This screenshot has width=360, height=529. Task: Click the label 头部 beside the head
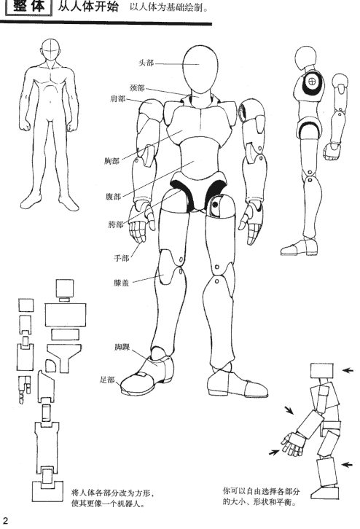tap(146, 63)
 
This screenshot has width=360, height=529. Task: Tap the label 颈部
tap(137, 88)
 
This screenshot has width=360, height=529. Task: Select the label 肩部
tap(118, 99)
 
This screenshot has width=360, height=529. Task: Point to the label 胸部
tap(111, 161)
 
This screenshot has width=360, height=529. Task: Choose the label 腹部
tap(113, 196)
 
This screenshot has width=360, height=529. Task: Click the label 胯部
tap(116, 224)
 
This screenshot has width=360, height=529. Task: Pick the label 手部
tap(122, 258)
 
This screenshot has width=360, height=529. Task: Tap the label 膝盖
tap(122, 283)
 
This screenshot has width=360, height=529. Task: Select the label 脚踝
tap(122, 347)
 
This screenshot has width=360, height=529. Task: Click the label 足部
tap(108, 380)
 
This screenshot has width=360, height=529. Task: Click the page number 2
tap(4, 520)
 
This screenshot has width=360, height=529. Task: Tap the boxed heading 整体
tap(29, 7)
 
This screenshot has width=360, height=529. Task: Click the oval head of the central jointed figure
tap(200, 69)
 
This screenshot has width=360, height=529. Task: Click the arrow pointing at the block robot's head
tap(348, 370)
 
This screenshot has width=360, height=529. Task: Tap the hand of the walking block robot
tap(292, 443)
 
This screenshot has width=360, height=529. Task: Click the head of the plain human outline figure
tap(51, 50)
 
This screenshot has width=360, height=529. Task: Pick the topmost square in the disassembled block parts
tap(64, 288)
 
